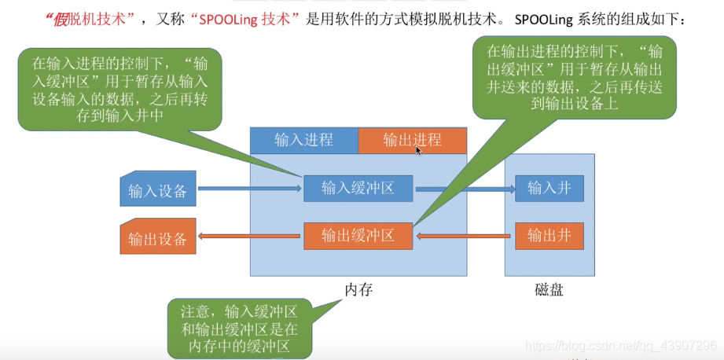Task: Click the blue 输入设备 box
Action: pos(157,189)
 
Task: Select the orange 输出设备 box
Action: pos(157,237)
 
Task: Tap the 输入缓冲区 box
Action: pos(358,189)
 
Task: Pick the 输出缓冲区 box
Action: pos(358,236)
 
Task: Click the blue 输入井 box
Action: pos(549,189)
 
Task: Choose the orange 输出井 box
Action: pos(549,236)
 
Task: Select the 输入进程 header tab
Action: pos(303,141)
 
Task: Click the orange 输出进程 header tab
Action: pos(412,141)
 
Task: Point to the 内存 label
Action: pos(358,290)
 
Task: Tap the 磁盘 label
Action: pos(549,290)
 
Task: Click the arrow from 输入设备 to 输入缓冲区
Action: pos(249,189)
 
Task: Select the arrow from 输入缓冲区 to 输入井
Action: pos(464,189)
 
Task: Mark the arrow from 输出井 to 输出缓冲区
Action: pos(464,235)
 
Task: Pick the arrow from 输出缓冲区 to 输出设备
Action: pos(249,236)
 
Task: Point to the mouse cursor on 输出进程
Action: pos(419,149)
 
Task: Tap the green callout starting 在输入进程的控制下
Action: pos(119,89)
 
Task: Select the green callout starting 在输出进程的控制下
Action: pos(574,77)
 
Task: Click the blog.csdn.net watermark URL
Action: pos(620,346)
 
